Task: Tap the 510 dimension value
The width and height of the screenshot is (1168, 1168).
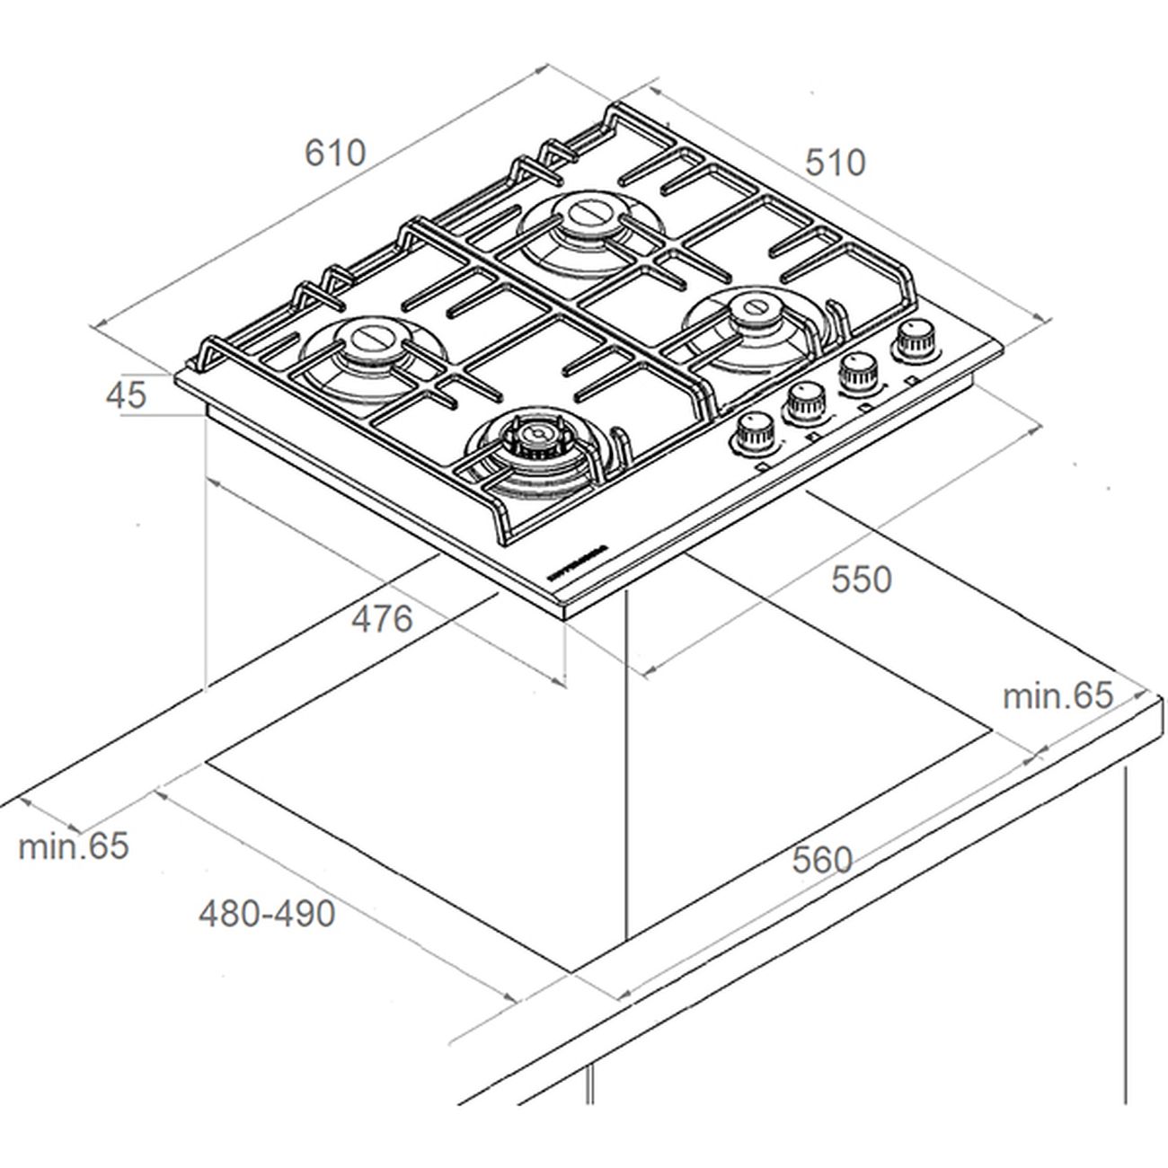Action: click(x=835, y=163)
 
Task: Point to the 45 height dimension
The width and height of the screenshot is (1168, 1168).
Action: click(x=125, y=395)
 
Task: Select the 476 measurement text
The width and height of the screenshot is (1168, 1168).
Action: click(x=382, y=619)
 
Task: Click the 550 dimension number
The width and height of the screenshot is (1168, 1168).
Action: click(x=861, y=580)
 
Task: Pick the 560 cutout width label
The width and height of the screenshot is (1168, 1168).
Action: click(x=821, y=861)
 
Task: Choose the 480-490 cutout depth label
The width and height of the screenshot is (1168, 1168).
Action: click(x=267, y=914)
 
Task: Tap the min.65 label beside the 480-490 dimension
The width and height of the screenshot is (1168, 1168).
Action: click(x=74, y=846)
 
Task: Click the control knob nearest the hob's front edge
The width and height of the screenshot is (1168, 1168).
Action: click(x=753, y=434)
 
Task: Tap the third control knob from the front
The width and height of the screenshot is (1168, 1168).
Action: click(x=858, y=371)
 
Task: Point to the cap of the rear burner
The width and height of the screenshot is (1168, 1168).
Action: click(x=583, y=215)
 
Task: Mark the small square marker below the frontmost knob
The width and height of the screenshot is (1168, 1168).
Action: click(x=761, y=466)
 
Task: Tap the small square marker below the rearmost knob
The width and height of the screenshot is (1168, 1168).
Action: click(x=914, y=380)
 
